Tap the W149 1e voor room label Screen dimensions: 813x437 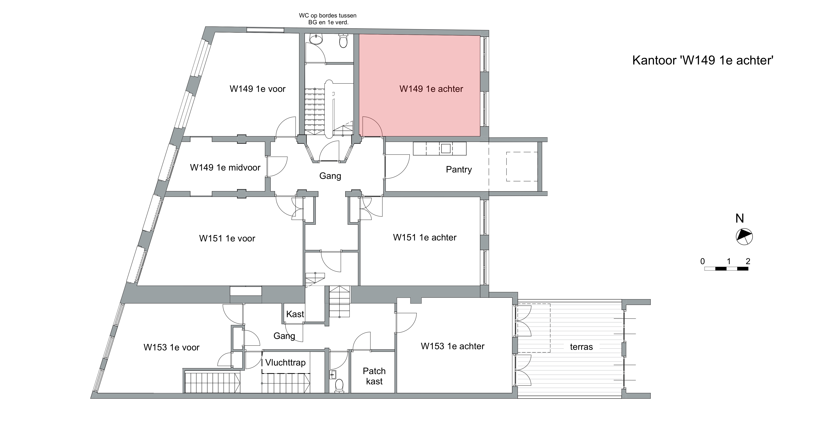257,89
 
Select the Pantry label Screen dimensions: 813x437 459,170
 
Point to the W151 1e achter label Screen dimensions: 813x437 425,238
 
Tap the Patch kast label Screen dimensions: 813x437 374,376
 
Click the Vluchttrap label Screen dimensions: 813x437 285,363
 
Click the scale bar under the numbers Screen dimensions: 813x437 726,269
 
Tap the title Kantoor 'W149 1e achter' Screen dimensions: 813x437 703,60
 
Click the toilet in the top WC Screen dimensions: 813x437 343,41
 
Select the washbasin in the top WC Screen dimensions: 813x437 316,39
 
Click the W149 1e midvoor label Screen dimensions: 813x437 225,168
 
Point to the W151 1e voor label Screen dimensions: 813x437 227,239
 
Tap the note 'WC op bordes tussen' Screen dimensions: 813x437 328,16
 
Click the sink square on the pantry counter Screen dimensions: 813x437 446,148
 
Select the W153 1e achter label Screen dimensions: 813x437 453,346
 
